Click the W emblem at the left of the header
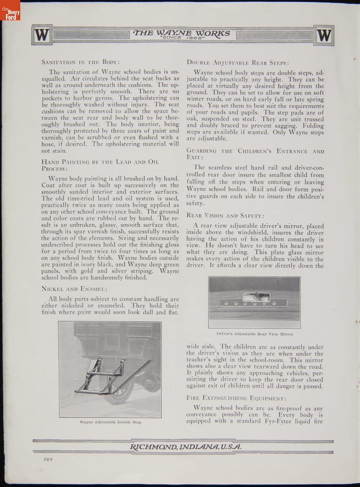pyautogui.click(x=42, y=35)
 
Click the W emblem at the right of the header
pyautogui.click(x=323, y=35)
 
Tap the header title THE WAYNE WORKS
pyautogui.click(x=181, y=33)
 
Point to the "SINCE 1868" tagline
pyautogui.click(x=181, y=38)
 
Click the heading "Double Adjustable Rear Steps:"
pyautogui.click(x=238, y=62)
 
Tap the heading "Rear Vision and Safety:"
pyautogui.click(x=226, y=215)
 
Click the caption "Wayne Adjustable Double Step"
pyautogui.click(x=110, y=422)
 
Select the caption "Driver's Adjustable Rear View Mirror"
pyautogui.click(x=254, y=334)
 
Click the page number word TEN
pyautogui.click(x=49, y=460)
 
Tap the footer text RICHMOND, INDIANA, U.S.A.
pyautogui.click(x=185, y=447)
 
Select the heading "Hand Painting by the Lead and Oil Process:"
pyautogui.click(x=99, y=165)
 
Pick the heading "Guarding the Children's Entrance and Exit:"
pyautogui.click(x=255, y=154)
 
